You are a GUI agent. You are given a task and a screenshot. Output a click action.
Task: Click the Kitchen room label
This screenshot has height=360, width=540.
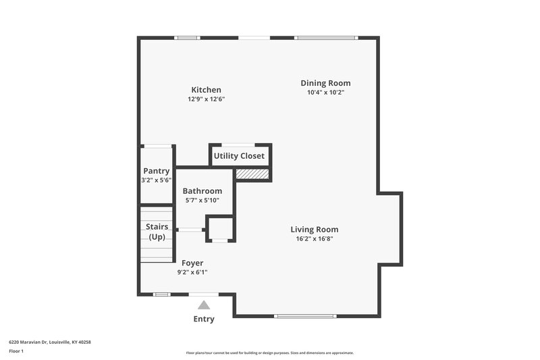pos(206,90)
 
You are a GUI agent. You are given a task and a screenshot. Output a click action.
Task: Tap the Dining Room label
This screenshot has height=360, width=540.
pos(325,83)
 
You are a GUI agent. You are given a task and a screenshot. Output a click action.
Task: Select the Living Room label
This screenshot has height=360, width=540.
pos(315,229)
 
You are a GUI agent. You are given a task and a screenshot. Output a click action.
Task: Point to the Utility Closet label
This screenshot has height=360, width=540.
pos(239,156)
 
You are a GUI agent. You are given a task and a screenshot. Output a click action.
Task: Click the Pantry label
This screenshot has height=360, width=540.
pos(156,171)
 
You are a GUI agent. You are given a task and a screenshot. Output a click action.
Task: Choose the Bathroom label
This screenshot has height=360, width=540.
pos(202,191)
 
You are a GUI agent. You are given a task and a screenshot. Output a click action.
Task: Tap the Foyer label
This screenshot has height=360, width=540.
pos(192,263)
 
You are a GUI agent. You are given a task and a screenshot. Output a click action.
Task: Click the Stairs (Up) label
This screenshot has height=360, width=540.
pos(157,232)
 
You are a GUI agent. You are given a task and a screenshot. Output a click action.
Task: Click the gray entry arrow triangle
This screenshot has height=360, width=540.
pos(204,305)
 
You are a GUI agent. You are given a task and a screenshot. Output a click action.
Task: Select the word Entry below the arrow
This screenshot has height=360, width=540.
pos(204,319)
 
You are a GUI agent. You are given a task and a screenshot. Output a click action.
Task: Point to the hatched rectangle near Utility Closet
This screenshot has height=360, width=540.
pos(252,174)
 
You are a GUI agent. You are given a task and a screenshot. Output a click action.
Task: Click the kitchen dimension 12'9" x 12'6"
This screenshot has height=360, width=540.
pos(206,99)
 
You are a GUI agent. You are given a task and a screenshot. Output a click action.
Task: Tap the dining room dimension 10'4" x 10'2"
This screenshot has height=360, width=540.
pos(325,93)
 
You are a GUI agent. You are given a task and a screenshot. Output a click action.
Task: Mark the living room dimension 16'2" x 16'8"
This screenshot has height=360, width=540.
pos(315,238)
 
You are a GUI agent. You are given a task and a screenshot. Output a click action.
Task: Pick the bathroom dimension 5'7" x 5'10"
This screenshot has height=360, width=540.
pos(202,201)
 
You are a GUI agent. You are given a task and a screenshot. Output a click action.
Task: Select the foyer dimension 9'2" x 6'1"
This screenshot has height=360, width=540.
pos(192,272)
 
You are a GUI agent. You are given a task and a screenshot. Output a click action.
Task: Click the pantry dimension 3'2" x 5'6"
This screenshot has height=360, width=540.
pos(156,180)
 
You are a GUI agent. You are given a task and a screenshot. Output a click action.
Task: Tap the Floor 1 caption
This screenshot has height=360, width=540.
pos(16,351)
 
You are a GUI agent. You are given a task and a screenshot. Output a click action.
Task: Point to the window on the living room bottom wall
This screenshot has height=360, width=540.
pos(305,315)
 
